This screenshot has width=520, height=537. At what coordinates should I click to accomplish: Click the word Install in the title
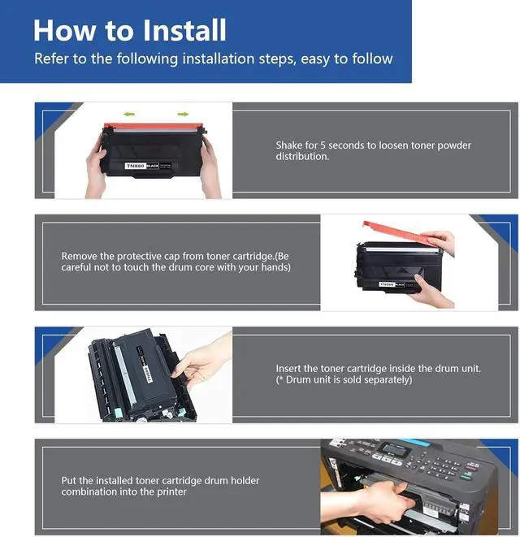184,30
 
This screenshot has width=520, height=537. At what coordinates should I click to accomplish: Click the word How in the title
64,30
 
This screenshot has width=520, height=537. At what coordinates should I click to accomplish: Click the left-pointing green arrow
129,114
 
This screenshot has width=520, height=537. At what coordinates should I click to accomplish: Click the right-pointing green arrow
183,114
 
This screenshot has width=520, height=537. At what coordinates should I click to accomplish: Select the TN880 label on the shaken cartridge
136,166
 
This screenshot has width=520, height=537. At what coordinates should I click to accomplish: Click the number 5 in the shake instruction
323,145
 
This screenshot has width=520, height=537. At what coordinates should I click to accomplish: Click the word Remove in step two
79,256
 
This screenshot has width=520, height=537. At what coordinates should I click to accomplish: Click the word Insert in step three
288,369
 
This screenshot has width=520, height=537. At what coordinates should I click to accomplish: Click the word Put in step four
69,480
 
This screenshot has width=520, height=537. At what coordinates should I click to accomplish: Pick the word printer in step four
171,492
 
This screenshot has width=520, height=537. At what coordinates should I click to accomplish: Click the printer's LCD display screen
396,449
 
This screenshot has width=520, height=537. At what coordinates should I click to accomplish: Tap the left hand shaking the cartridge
95,171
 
